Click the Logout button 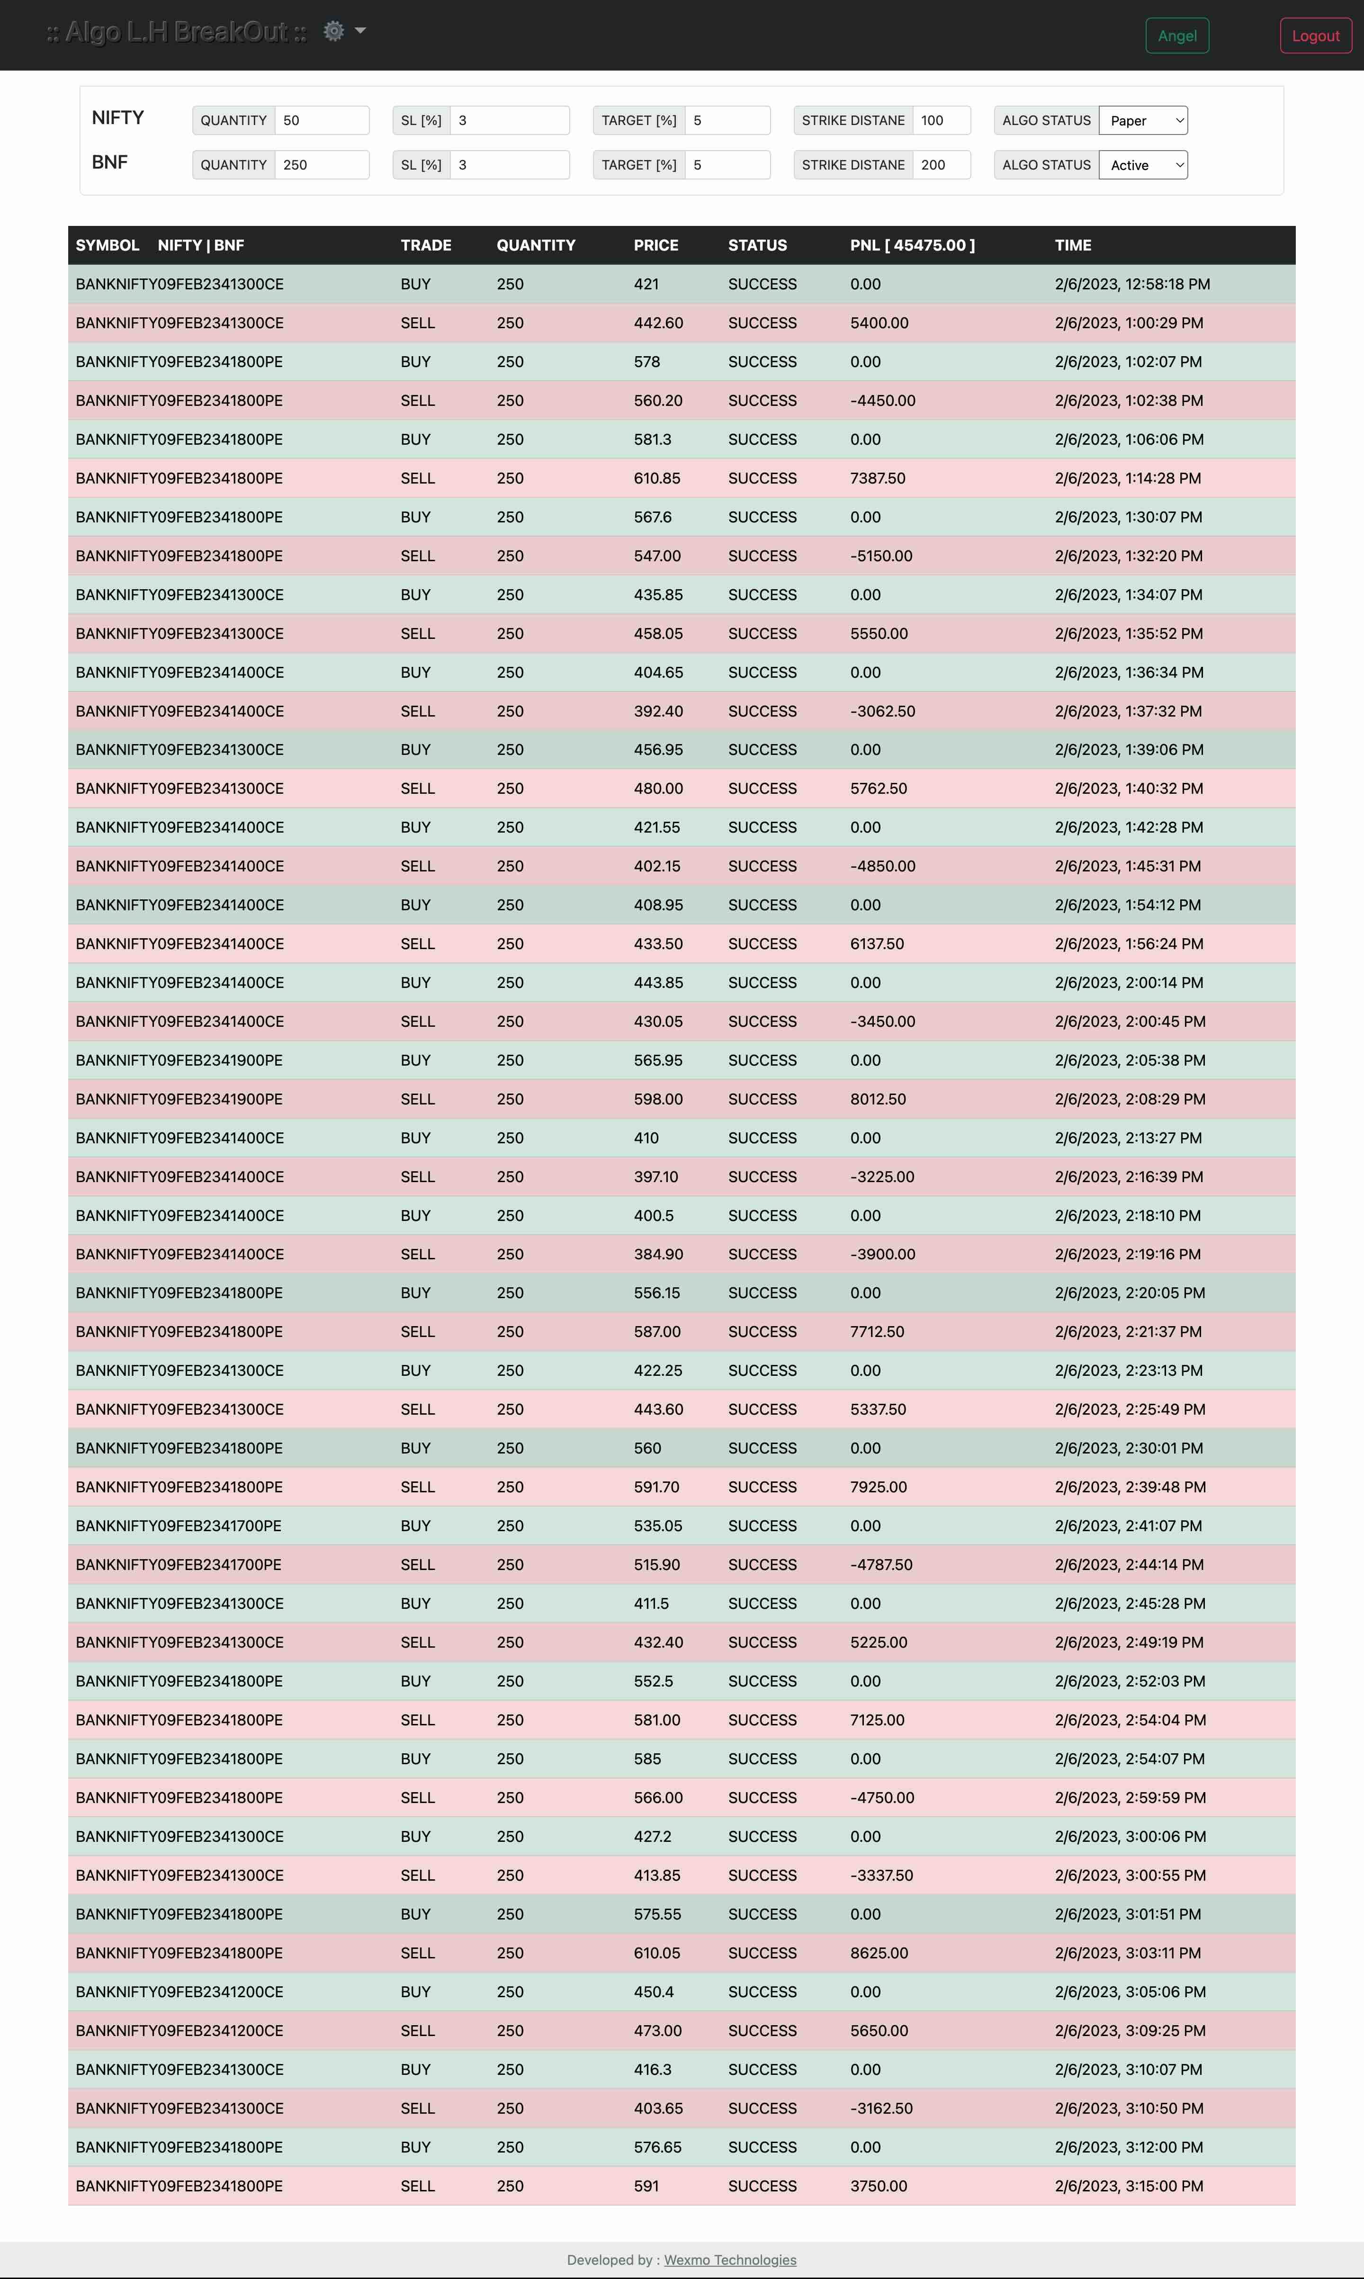(1315, 36)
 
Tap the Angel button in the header (1176, 36)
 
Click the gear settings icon (333, 31)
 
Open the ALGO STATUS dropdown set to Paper (1142, 120)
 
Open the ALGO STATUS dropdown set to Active (1142, 164)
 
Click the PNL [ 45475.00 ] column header (912, 245)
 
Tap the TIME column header (1073, 245)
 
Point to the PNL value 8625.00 (879, 1953)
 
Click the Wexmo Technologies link (730, 2260)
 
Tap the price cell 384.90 (658, 1255)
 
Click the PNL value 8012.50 (878, 1099)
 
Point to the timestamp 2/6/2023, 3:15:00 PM (1129, 2186)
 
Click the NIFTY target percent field (726, 120)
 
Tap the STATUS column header (757, 245)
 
